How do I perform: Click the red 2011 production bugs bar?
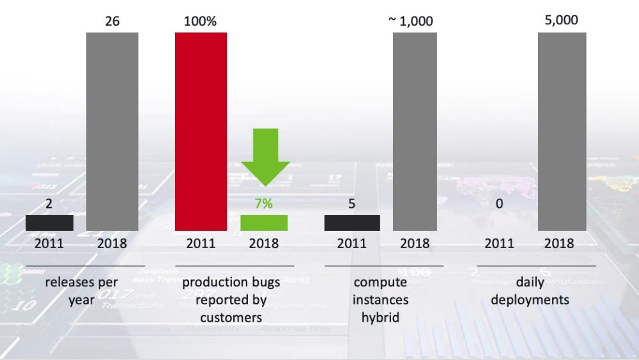[x=201, y=131]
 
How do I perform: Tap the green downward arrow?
[x=265, y=157]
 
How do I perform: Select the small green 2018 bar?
[x=264, y=223]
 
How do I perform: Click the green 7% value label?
[x=264, y=204]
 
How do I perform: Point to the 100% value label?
[x=201, y=21]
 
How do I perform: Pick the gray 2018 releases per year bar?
[x=112, y=131]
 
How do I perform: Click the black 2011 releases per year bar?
[x=49, y=223]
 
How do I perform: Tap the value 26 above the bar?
[x=112, y=21]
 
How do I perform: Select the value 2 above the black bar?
[x=49, y=204]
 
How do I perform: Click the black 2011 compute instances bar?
[x=351, y=223]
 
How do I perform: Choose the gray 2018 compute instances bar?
[x=415, y=131]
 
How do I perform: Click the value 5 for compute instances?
[x=351, y=204]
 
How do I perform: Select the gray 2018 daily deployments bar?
[x=562, y=131]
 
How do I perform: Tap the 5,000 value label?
[x=562, y=20]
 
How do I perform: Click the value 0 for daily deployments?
[x=499, y=204]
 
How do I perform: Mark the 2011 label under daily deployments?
[x=499, y=244]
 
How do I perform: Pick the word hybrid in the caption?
[x=380, y=317]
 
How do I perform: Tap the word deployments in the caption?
[x=530, y=300]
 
